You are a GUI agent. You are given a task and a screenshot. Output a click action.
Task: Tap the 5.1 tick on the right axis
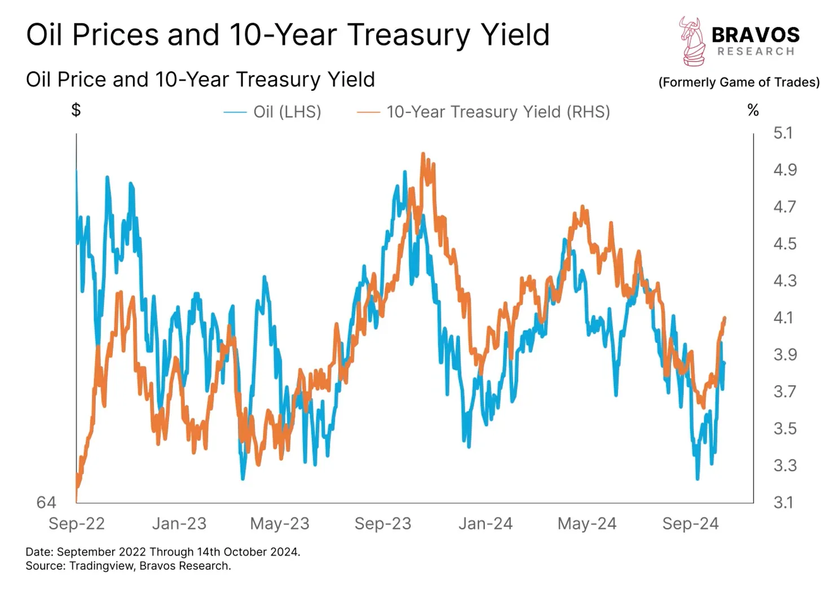point(783,133)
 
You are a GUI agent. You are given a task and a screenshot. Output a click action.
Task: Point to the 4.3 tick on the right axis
point(785,280)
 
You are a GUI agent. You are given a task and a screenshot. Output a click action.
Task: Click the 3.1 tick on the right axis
point(783,502)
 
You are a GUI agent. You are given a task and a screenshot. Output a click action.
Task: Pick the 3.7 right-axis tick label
point(785,391)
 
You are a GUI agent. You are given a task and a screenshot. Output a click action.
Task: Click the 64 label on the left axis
point(46,502)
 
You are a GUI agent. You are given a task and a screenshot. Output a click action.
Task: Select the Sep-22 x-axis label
point(77,524)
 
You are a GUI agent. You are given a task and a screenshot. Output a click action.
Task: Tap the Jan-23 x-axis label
point(179,524)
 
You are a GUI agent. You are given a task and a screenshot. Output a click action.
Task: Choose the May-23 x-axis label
point(280,524)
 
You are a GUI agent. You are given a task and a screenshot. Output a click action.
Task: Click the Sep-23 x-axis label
point(383,524)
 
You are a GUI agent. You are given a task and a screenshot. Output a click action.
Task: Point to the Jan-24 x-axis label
point(485,524)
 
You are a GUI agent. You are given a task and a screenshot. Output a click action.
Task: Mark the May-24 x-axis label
point(587,524)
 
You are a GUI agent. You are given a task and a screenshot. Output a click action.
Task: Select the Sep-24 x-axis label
point(690,524)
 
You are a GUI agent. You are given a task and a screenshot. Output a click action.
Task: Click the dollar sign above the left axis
point(76,109)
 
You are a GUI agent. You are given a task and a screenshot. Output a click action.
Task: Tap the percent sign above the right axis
point(753,111)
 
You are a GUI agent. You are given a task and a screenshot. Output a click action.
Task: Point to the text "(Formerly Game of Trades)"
point(739,82)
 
